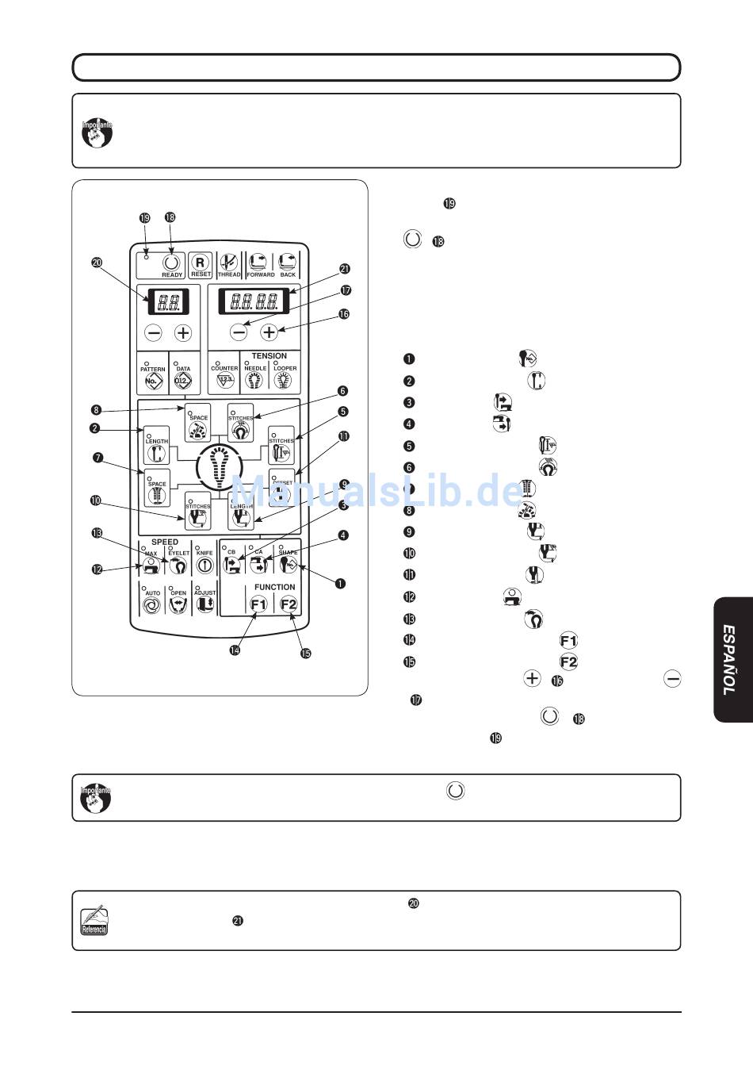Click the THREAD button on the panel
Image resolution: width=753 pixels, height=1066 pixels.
(x=229, y=264)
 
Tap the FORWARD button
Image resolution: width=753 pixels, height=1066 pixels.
(x=259, y=264)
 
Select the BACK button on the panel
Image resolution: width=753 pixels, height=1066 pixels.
(x=287, y=264)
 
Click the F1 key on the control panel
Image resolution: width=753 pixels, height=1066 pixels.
(x=258, y=604)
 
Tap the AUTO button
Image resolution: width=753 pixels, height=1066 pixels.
(x=151, y=603)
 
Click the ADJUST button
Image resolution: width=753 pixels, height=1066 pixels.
(x=204, y=603)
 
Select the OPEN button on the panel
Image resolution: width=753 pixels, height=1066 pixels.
(x=178, y=603)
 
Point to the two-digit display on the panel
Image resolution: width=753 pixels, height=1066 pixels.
(x=167, y=301)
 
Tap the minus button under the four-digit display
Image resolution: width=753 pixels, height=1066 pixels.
(x=239, y=332)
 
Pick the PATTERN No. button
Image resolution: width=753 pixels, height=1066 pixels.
(x=153, y=376)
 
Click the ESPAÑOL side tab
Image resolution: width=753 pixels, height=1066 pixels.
(x=730, y=659)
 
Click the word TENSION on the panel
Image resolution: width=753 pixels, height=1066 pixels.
(x=269, y=356)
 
